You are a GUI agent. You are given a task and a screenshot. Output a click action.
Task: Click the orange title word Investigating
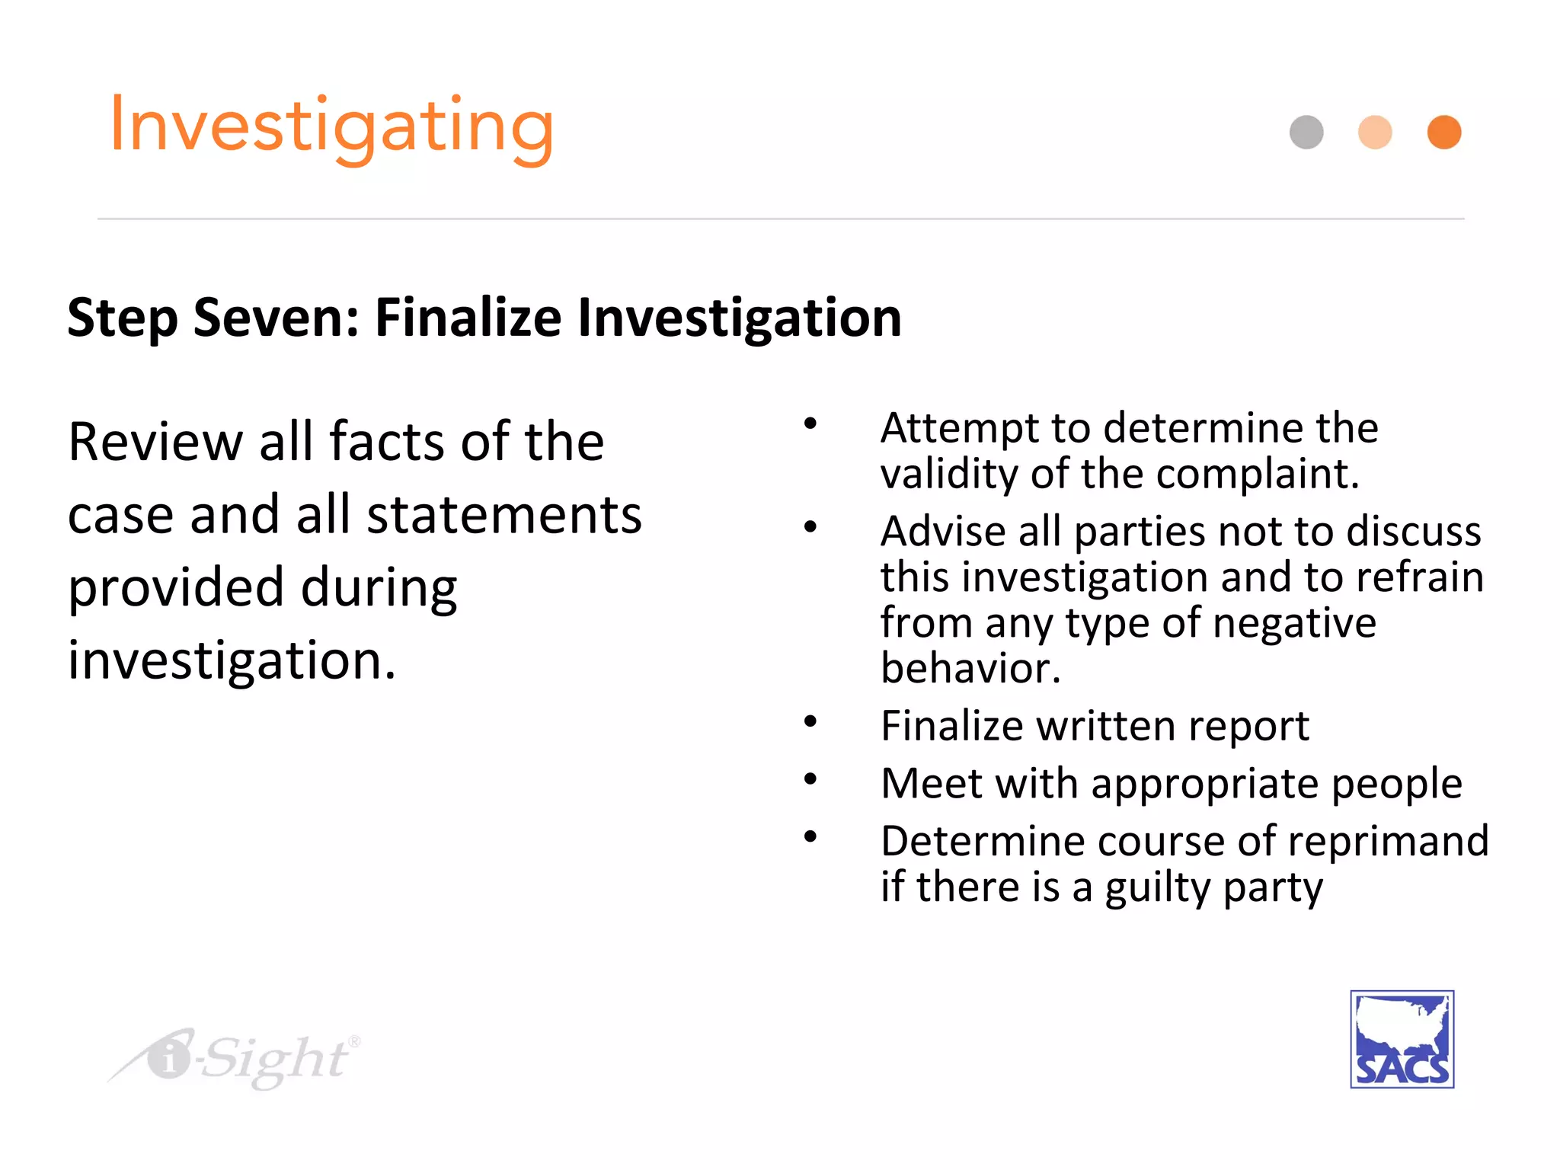[x=332, y=127]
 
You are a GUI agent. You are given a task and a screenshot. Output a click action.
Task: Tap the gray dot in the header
[x=1306, y=133]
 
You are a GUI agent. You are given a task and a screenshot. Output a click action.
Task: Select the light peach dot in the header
[x=1375, y=133]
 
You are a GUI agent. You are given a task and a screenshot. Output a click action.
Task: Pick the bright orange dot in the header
[x=1444, y=133]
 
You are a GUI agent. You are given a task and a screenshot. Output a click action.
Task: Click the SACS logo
[x=1402, y=1039]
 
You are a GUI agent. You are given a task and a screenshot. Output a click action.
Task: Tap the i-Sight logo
[x=236, y=1058]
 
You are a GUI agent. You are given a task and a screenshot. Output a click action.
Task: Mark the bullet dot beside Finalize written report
[x=810, y=721]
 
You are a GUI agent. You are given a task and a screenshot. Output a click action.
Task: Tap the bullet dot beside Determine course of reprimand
[x=810, y=836]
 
